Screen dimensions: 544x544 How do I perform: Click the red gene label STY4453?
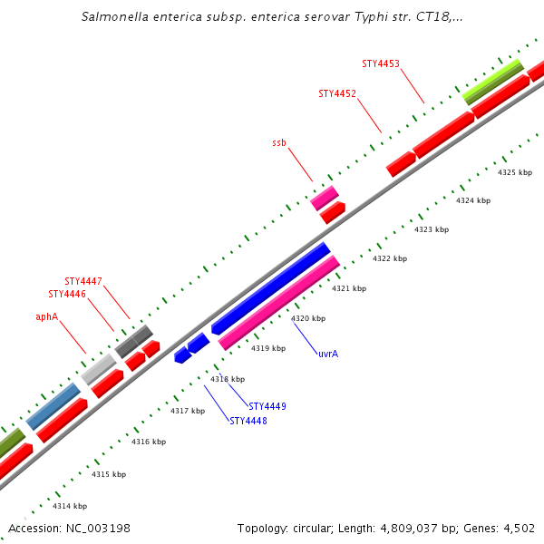tap(381, 63)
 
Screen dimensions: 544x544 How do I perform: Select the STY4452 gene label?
tap(337, 93)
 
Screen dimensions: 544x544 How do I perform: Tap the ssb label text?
tap(279, 143)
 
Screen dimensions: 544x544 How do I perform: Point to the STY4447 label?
tap(83, 281)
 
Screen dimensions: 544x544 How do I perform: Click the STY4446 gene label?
tap(67, 294)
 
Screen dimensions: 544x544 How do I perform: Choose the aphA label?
tap(47, 317)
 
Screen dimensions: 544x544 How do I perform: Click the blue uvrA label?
tap(328, 353)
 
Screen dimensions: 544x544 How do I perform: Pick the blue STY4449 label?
tap(267, 406)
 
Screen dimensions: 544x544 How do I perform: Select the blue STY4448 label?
tap(248, 421)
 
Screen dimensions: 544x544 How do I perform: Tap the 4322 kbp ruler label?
tap(390, 258)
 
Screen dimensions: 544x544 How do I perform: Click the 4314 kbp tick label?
tap(70, 506)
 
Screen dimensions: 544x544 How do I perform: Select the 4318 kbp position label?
tap(228, 379)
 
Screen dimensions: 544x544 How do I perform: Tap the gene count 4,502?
tap(519, 528)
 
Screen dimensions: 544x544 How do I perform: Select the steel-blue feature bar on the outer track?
tap(53, 406)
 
